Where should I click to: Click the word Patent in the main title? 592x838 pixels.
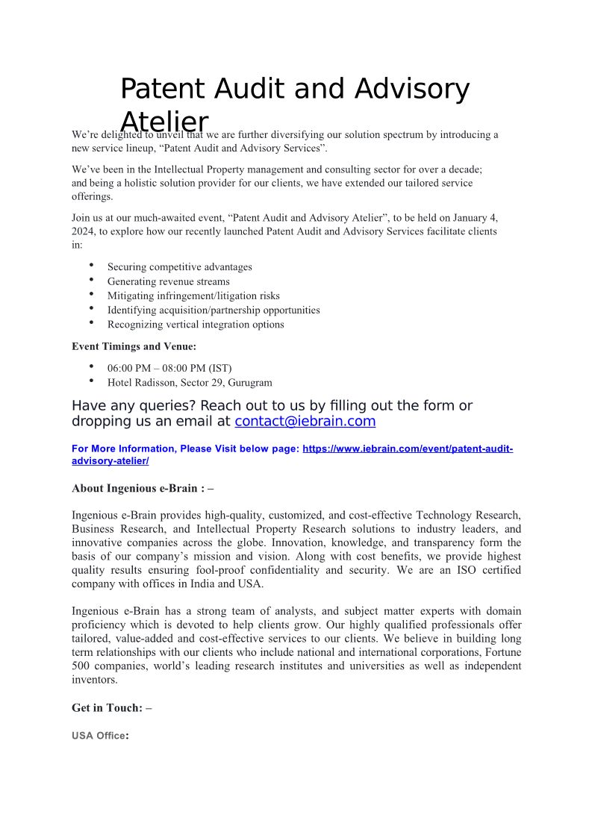[x=160, y=90]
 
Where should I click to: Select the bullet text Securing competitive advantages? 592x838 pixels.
[x=180, y=267]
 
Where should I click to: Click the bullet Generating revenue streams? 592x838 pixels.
[x=169, y=281]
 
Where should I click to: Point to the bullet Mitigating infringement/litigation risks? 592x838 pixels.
[x=193, y=296]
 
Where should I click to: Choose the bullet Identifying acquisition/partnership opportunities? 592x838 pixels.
[x=214, y=310]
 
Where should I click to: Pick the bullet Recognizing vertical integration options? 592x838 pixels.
[x=196, y=325]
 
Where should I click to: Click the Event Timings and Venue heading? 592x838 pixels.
[x=134, y=346]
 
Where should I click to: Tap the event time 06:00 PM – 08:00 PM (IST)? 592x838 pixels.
[x=169, y=368]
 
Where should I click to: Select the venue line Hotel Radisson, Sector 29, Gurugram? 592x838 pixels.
[x=190, y=383]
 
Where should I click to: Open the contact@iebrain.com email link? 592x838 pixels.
[x=305, y=422]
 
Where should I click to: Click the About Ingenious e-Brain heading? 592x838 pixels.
[x=143, y=489]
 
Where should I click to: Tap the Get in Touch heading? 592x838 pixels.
[x=111, y=707]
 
